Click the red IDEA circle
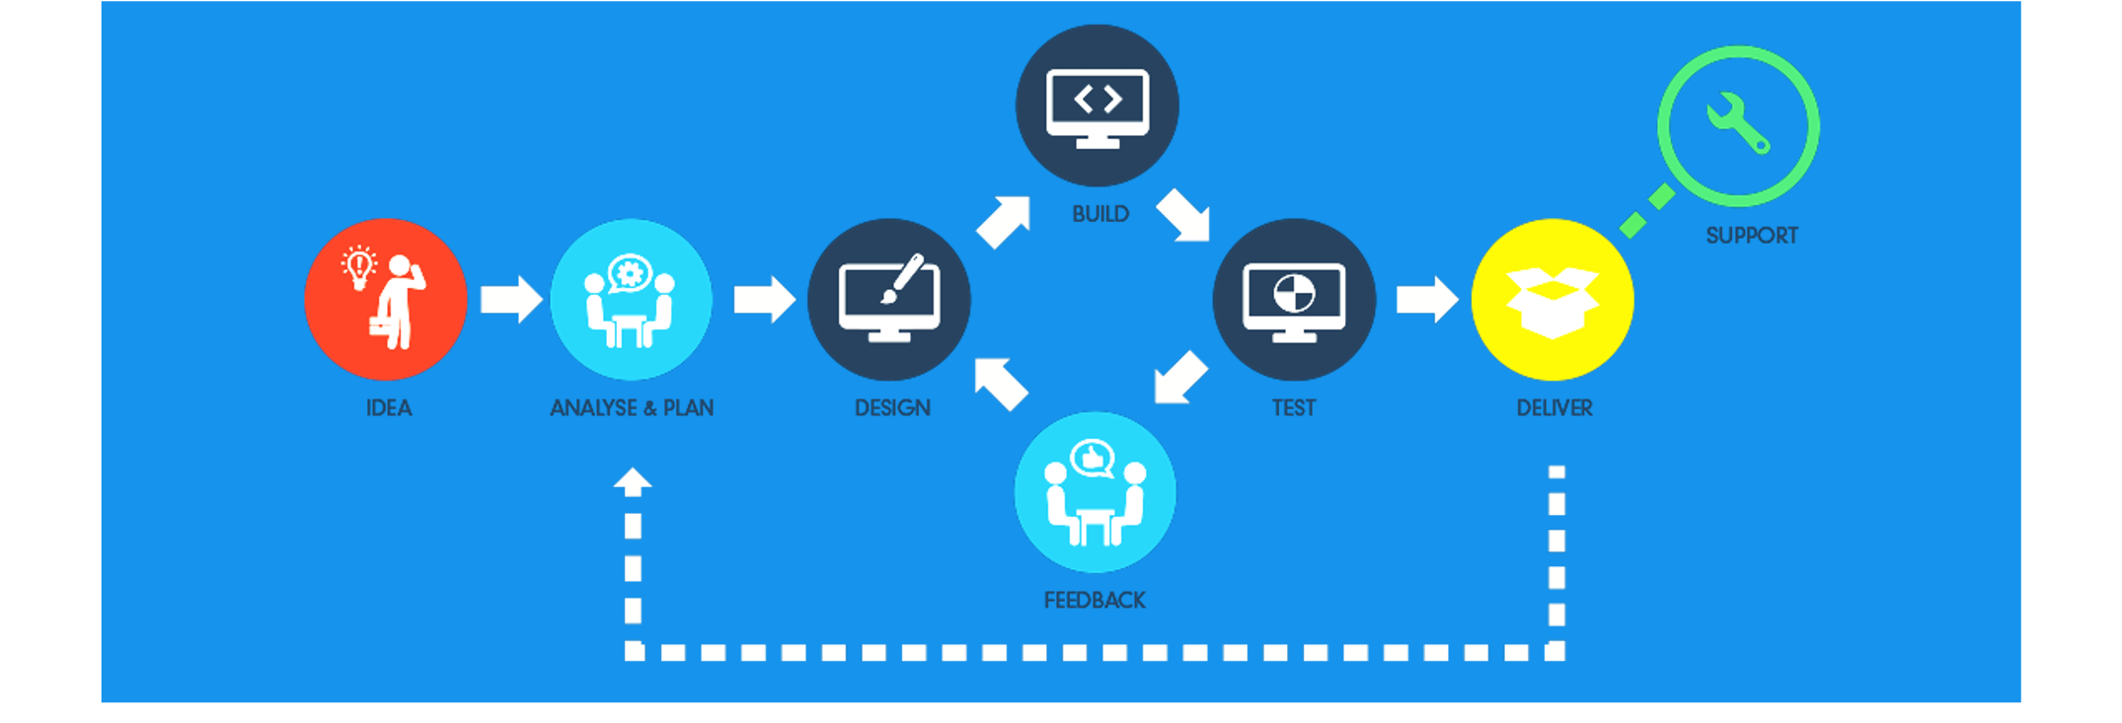coord(385,299)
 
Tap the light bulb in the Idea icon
coord(359,265)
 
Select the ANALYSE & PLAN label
coord(632,407)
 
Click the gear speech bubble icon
coord(630,273)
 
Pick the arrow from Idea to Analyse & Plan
coord(510,299)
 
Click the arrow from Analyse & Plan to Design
coord(764,299)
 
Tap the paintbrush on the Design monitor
coord(904,277)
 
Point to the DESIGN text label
coord(892,407)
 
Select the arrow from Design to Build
coord(1004,221)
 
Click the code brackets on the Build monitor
coord(1098,99)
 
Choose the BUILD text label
coord(1100,214)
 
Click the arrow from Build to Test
coord(1182,215)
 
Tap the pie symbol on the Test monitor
coord(1294,293)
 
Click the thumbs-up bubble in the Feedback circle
coord(1093,458)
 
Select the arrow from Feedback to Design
coord(1001,383)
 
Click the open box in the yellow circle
coord(1553,302)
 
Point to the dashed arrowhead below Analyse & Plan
coord(633,481)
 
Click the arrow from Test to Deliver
coord(1426,299)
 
